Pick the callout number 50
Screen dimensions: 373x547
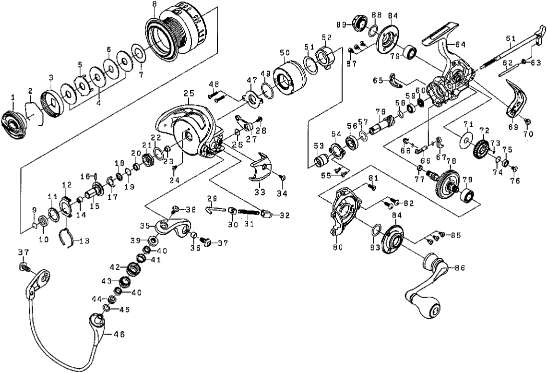(285, 53)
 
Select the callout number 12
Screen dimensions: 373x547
(67, 184)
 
